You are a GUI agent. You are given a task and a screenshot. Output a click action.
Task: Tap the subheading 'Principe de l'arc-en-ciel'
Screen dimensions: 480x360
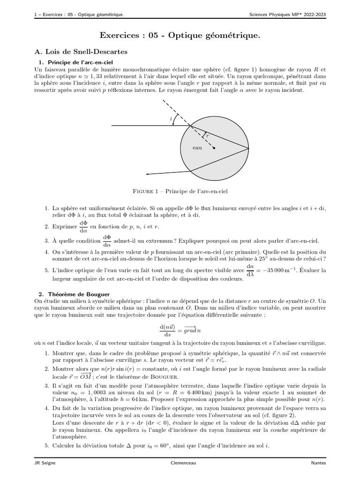click(x=82, y=62)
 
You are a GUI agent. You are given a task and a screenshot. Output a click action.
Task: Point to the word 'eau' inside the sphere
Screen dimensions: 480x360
click(x=197, y=148)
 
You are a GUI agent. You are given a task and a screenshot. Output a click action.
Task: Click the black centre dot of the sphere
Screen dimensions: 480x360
click(x=214, y=150)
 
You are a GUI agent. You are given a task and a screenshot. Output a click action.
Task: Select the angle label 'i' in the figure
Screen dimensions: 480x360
click(x=171, y=120)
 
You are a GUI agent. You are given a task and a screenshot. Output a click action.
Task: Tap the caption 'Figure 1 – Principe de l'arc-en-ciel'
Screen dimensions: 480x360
click(x=180, y=191)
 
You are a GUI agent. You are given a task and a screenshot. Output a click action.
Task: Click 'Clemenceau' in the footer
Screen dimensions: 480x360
click(x=180, y=463)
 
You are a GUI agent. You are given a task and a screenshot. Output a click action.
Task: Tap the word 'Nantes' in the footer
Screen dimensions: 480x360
click(x=318, y=463)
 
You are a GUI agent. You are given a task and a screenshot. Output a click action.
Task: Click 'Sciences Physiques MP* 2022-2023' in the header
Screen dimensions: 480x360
click(x=288, y=14)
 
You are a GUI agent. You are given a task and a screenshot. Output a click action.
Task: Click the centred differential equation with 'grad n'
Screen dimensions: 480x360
click(x=180, y=330)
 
